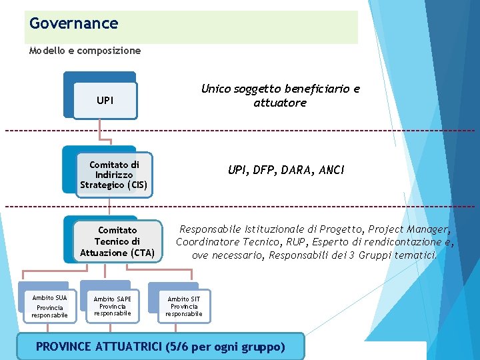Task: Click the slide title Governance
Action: pyautogui.click(x=74, y=24)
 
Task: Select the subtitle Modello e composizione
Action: pyautogui.click(x=85, y=51)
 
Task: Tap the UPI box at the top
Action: pyautogui.click(x=105, y=101)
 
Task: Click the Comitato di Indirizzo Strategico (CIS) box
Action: pyautogui.click(x=114, y=175)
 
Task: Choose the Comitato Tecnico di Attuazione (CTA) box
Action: pyautogui.click(x=117, y=241)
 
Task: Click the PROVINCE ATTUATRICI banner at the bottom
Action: pyautogui.click(x=160, y=347)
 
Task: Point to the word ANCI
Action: pyautogui.click(x=331, y=170)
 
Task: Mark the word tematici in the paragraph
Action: pyautogui.click(x=418, y=255)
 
